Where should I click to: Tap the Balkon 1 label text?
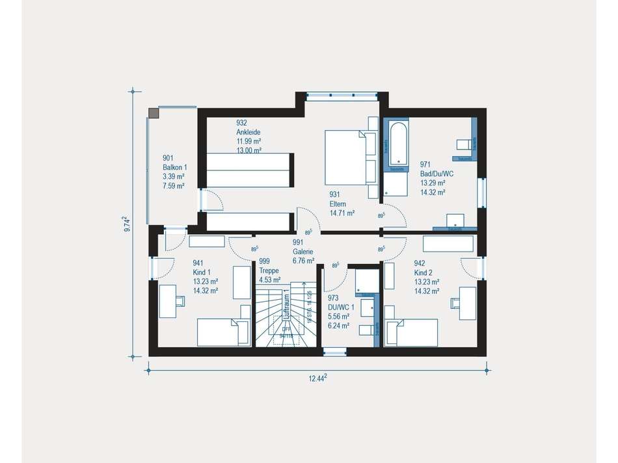(174, 167)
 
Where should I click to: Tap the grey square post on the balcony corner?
(154, 113)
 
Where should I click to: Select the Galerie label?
(302, 251)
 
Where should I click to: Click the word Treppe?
(269, 271)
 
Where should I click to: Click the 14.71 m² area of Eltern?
(342, 213)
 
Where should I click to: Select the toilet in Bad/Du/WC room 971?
(464, 144)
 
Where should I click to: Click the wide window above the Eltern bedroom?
(342, 96)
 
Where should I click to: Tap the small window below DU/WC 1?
(334, 352)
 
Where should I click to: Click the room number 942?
(420, 263)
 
